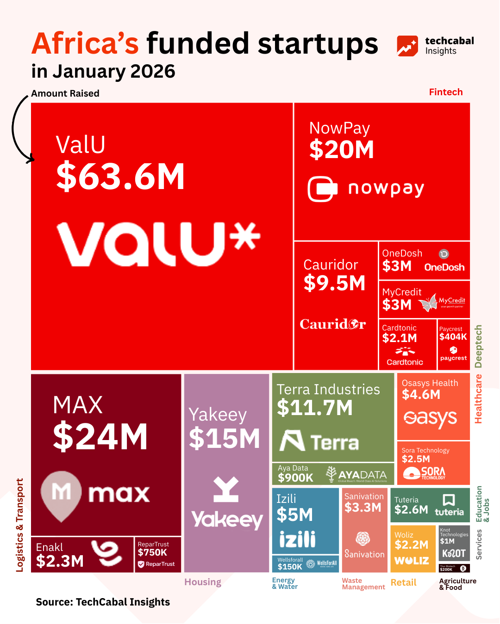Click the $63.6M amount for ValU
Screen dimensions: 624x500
(120, 177)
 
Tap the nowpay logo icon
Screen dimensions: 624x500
(322, 189)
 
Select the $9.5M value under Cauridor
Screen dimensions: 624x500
(334, 283)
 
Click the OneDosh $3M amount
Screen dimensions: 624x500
(397, 266)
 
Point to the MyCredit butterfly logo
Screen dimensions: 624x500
(428, 302)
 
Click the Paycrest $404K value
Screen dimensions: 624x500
(453, 337)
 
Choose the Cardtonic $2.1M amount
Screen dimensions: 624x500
(400, 338)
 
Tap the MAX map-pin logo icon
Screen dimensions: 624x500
(61, 495)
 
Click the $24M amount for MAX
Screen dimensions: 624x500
(100, 437)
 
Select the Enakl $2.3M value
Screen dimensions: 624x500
(60, 561)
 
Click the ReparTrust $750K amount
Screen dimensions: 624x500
(152, 552)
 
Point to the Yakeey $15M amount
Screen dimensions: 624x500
(225, 439)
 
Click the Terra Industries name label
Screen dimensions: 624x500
(328, 390)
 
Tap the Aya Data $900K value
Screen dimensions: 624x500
(295, 478)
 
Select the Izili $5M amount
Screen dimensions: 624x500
(294, 515)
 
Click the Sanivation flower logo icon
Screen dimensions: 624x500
(363, 538)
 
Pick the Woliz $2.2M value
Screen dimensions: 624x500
(412, 545)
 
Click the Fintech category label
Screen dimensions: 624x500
(445, 92)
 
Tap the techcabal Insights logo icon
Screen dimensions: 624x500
(407, 46)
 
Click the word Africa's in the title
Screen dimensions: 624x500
(85, 43)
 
